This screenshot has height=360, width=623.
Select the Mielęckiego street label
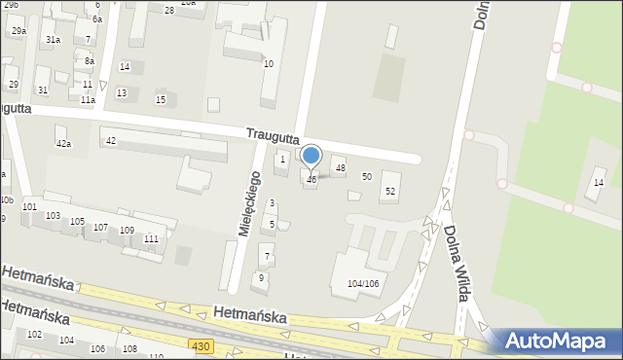[250, 204]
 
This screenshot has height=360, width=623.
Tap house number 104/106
[363, 283]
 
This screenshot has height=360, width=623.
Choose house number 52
[390, 191]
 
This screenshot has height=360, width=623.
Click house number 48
[340, 168]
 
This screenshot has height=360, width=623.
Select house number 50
[367, 176]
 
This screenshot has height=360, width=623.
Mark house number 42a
[63, 143]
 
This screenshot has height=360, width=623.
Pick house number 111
[151, 238]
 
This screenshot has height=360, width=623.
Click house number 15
[161, 100]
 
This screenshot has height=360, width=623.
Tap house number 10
[269, 64]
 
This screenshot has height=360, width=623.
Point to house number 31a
[53, 40]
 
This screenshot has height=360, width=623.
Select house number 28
[169, 10]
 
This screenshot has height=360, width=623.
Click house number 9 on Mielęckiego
[260, 277]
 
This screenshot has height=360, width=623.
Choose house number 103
[53, 215]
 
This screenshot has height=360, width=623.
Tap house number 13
[121, 92]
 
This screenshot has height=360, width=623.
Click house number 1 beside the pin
[282, 159]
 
